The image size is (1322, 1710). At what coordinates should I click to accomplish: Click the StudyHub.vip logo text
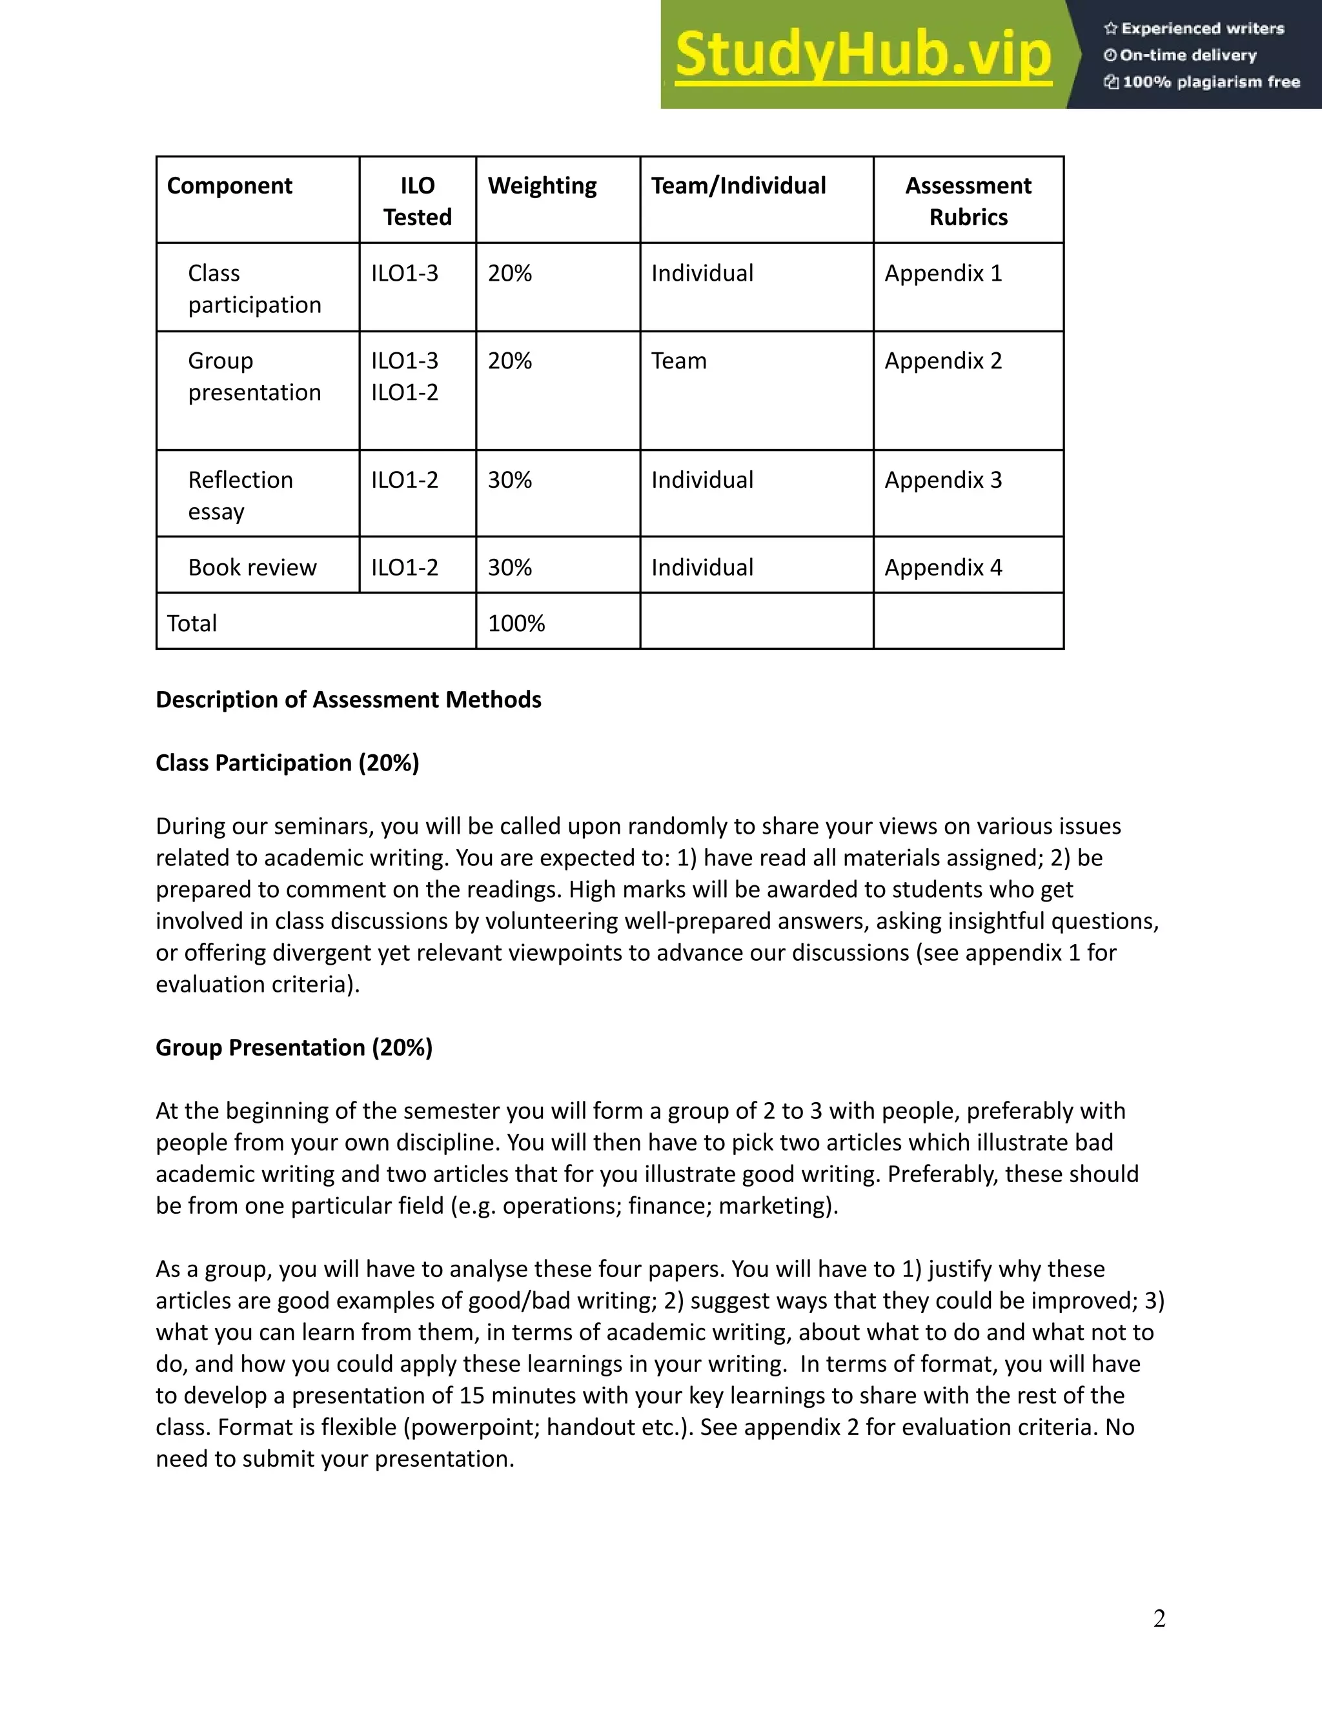(x=862, y=55)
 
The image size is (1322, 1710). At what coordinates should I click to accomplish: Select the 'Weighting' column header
(x=542, y=186)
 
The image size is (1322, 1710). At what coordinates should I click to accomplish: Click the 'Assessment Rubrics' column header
(x=968, y=201)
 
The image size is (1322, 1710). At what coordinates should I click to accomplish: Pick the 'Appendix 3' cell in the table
(x=943, y=480)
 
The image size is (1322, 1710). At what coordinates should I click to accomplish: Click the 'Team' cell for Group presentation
(x=679, y=361)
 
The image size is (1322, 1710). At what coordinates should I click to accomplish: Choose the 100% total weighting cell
(x=516, y=623)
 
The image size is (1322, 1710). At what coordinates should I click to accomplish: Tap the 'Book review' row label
(x=252, y=568)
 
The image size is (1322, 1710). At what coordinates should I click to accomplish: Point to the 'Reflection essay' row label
(x=239, y=495)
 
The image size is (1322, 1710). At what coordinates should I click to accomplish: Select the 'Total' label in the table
(x=192, y=623)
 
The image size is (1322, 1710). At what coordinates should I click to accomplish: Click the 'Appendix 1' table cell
(x=943, y=273)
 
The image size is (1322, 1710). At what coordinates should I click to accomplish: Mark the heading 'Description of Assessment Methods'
(x=349, y=699)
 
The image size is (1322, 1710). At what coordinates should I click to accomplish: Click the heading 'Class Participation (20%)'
(x=287, y=763)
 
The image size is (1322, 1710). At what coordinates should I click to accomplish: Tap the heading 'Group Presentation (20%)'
(x=294, y=1047)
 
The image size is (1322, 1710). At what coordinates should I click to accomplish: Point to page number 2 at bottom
(x=1159, y=1618)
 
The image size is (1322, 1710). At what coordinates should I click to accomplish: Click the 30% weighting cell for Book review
(x=510, y=568)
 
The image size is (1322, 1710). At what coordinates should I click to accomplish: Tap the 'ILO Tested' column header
(x=418, y=201)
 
